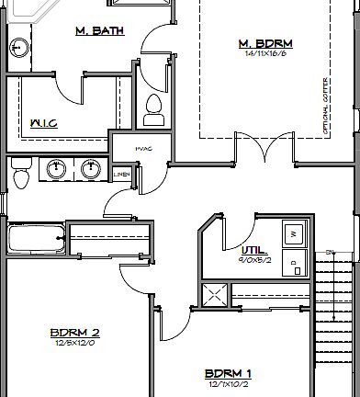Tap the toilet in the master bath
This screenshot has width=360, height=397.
[x=153, y=108]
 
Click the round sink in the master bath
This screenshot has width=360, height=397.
[x=17, y=47]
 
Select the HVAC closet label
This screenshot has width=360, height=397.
[x=142, y=147]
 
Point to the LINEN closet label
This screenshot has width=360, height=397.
[x=121, y=173]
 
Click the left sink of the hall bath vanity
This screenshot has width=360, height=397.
[x=58, y=168]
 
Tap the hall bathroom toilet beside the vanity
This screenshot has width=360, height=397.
[x=21, y=172]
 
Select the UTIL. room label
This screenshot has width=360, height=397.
[x=253, y=249]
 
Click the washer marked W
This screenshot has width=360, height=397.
[x=294, y=234]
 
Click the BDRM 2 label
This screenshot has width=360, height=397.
[x=75, y=333]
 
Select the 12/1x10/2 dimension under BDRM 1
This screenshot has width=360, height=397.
[x=228, y=383]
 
